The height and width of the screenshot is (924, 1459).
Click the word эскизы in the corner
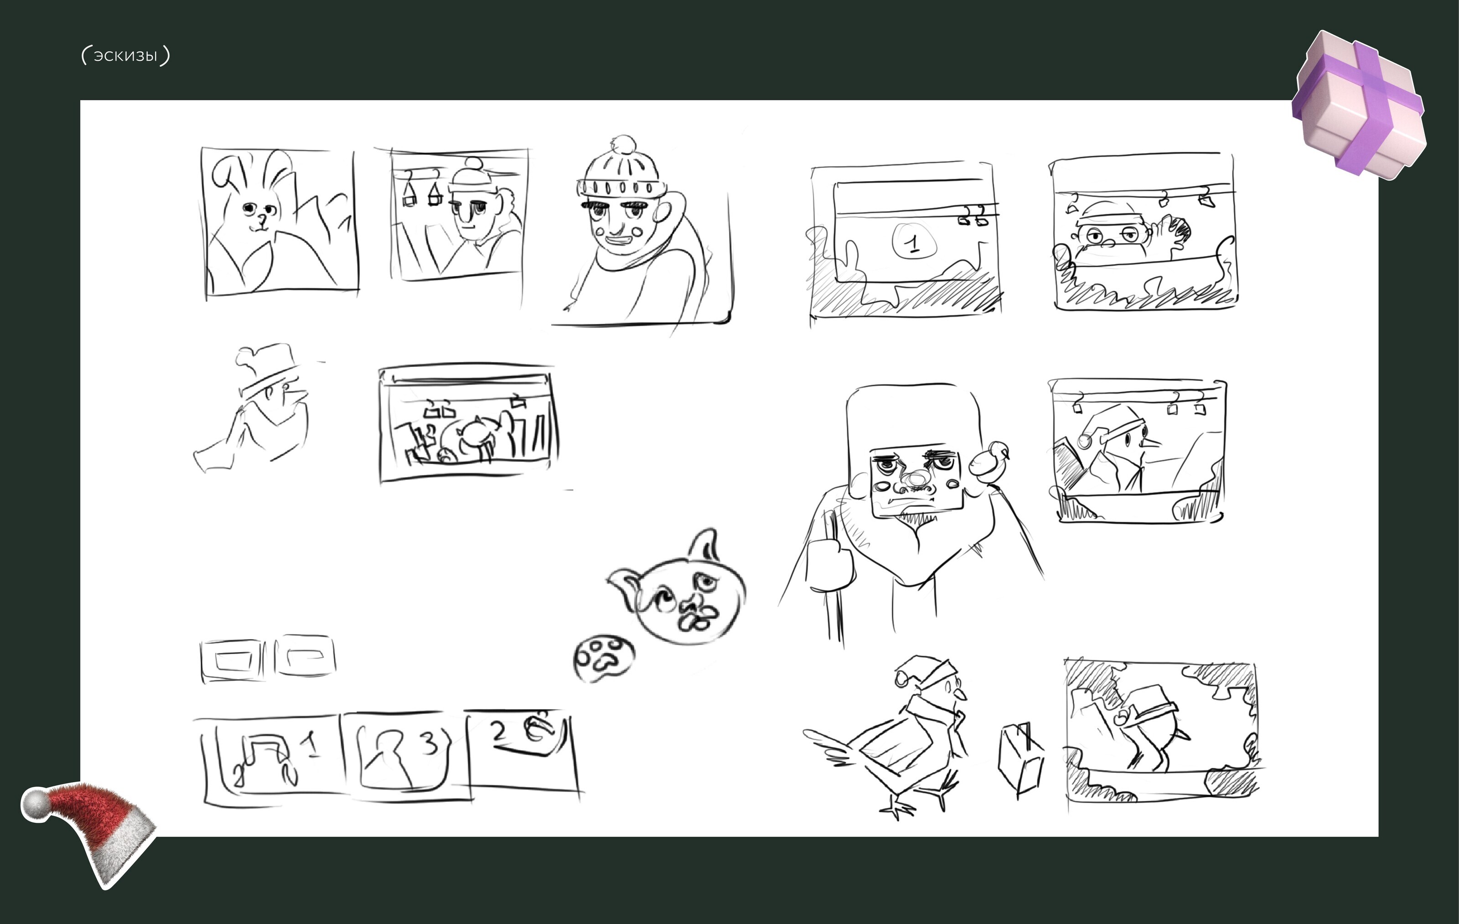[x=125, y=56]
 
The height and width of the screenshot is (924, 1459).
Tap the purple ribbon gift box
[x=1359, y=104]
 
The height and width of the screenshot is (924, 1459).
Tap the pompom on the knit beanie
[x=624, y=145]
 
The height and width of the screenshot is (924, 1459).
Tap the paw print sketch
[x=603, y=658]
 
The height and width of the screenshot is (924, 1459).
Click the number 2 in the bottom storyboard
[x=498, y=731]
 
